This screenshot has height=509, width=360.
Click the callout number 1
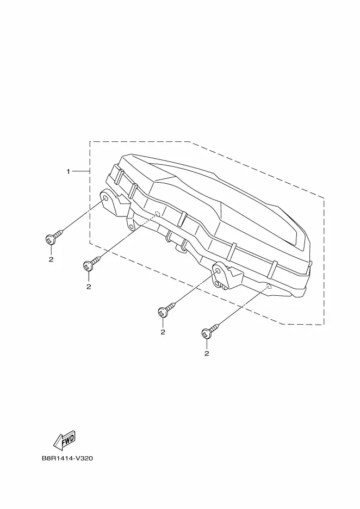69,172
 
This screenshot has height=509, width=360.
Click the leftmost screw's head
50,238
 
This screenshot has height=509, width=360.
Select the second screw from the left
88,266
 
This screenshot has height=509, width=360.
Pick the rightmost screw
207,333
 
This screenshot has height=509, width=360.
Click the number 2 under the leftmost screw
51,259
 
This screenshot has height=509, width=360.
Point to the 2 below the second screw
88,287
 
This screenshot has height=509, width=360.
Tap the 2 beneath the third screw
162,332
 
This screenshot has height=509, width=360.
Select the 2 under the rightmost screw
207,353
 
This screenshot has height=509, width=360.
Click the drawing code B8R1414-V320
67,458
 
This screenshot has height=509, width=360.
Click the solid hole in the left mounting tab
104,198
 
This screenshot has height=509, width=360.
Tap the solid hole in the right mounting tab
220,270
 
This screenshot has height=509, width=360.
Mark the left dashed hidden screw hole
157,213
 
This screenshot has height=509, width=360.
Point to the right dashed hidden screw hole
269,285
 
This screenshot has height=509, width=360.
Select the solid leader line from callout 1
81,172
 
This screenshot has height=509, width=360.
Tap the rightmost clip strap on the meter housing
273,266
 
